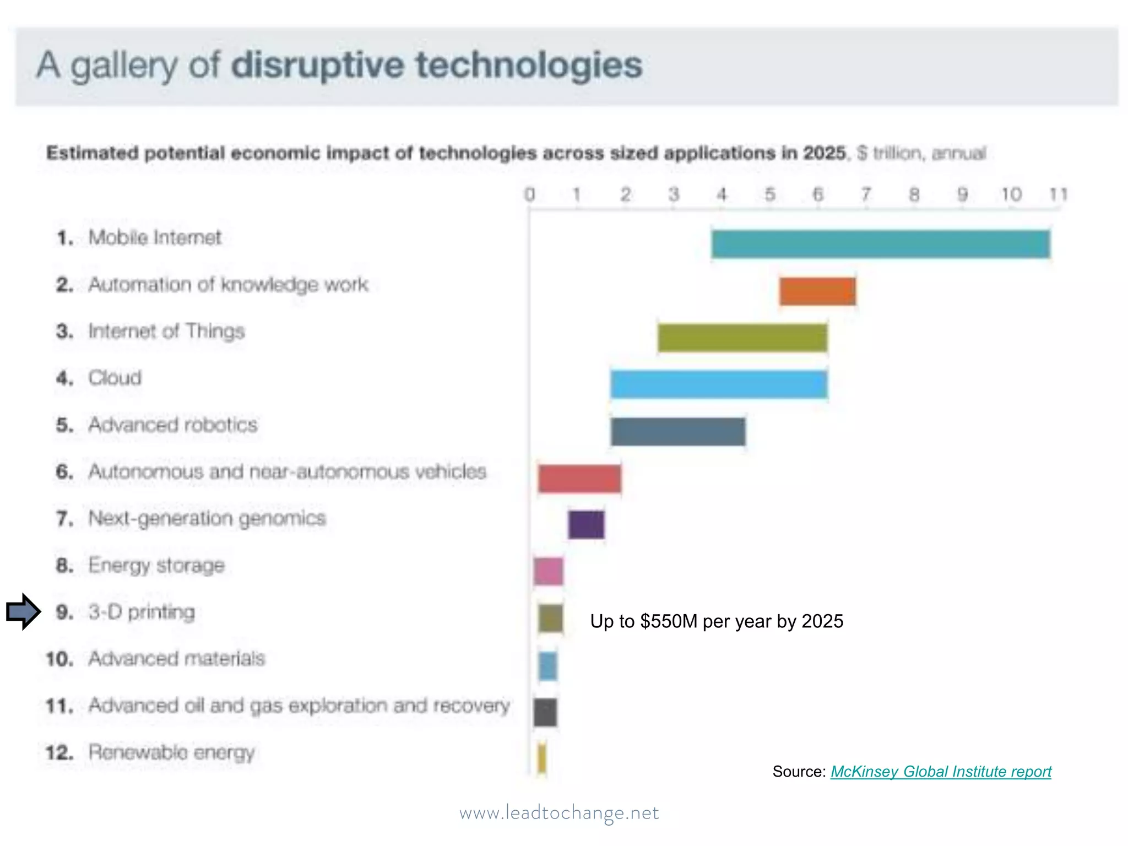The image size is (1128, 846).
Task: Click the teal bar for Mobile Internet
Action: (880, 244)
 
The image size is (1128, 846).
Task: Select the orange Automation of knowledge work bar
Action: (817, 291)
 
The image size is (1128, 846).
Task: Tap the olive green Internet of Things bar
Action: (742, 338)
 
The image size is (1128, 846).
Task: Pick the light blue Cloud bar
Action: (719, 384)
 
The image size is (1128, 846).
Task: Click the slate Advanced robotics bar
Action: (678, 431)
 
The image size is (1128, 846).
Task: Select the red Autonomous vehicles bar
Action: (579, 478)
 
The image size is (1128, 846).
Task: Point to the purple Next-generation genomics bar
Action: (586, 524)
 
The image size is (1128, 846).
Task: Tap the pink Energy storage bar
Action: (549, 571)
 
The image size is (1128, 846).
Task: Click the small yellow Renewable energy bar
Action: (542, 758)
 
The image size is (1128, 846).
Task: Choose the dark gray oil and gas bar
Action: (545, 712)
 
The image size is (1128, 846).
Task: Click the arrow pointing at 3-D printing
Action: (24, 611)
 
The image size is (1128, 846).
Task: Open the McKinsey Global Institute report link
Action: (941, 772)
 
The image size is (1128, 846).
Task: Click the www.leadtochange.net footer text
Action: (559, 813)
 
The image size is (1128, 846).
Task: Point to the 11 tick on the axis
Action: (1058, 194)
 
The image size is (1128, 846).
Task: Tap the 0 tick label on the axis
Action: (529, 194)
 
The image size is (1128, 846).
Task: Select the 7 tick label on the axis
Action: (866, 194)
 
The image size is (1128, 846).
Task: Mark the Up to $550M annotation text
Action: (717, 621)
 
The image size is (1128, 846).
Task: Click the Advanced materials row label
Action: (177, 659)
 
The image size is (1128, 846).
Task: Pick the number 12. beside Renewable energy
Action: (59, 752)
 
